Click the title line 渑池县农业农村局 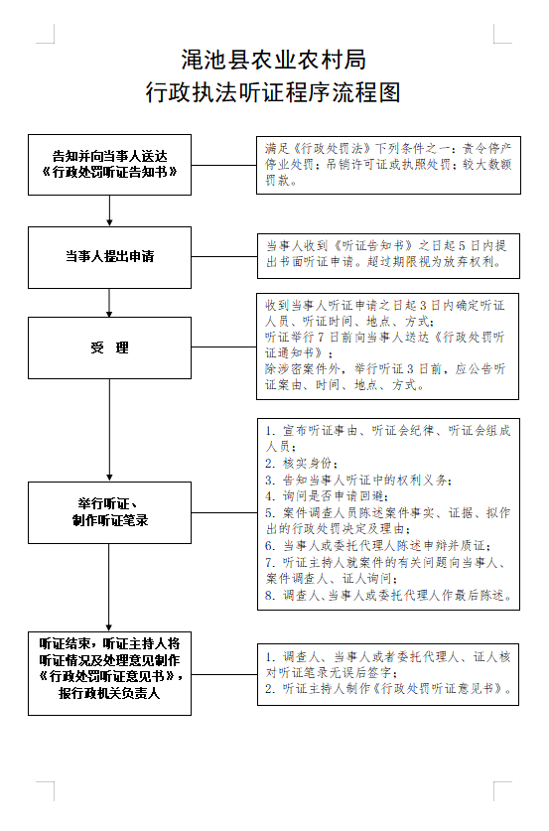(x=274, y=59)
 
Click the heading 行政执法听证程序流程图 (x=274, y=93)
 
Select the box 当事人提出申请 (x=109, y=256)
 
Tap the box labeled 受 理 (x=109, y=347)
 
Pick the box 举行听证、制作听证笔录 (x=109, y=512)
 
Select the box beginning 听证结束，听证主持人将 (x=109, y=668)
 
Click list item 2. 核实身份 (x=302, y=464)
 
